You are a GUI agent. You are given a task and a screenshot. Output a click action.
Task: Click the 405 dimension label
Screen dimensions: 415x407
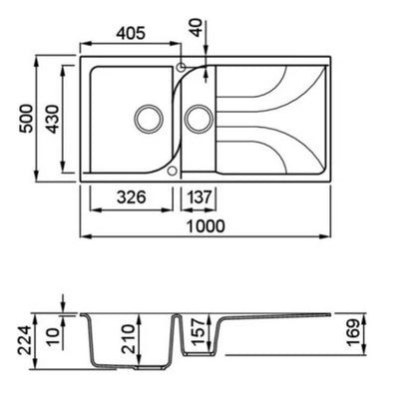click(x=131, y=33)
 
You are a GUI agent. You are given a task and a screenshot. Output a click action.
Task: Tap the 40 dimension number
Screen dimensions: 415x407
click(x=197, y=28)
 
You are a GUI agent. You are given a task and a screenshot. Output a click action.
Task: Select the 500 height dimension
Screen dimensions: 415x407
click(x=27, y=119)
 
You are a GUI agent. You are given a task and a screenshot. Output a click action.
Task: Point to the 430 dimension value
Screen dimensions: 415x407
click(x=52, y=119)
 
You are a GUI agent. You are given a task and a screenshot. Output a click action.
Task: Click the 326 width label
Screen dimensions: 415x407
click(x=131, y=198)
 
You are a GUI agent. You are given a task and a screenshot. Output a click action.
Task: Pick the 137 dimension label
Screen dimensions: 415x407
click(x=199, y=198)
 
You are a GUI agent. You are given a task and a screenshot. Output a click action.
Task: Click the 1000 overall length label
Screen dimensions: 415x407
click(x=206, y=226)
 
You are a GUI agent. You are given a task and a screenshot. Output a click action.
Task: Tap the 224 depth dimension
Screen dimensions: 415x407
click(x=26, y=340)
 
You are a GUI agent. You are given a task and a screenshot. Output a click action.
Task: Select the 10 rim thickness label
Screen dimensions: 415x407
click(x=53, y=337)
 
